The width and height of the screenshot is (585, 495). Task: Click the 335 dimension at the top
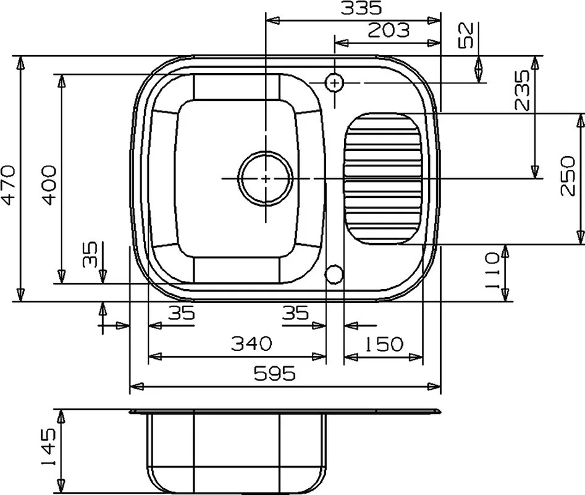tap(361, 8)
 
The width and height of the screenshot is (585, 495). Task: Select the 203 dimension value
tap(389, 30)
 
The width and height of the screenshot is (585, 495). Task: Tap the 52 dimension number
tap(466, 35)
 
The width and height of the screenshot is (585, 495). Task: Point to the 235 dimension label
tap(521, 90)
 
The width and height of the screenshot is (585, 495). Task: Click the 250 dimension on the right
tap(568, 176)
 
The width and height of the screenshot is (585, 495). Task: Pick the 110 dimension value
tap(492, 270)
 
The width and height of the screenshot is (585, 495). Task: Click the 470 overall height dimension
tap(8, 186)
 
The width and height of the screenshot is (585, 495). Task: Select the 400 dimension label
tap(49, 186)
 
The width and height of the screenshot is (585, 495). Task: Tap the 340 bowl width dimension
tap(251, 343)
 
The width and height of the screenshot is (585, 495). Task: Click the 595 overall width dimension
tap(275, 373)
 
